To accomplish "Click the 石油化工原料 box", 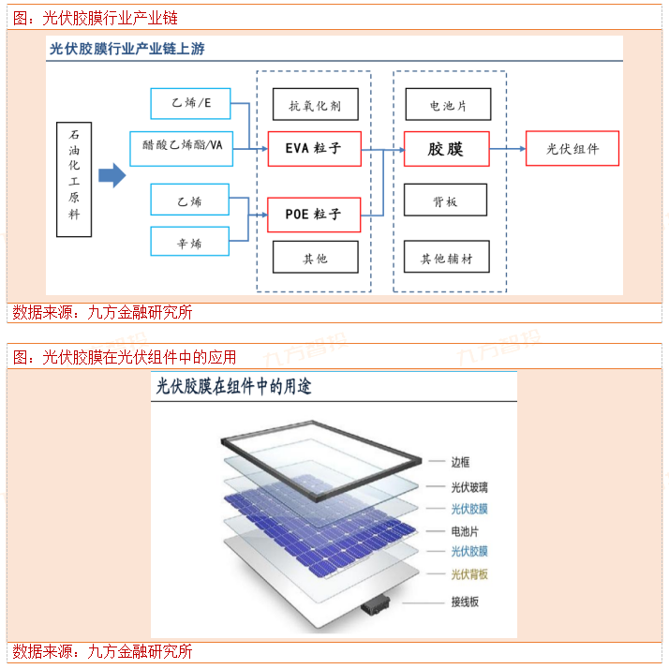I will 74,178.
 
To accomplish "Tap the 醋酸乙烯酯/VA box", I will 183,146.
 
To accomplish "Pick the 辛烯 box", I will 190,243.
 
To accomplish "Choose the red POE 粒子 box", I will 314,215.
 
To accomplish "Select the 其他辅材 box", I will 446,258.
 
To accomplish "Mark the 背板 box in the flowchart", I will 446,201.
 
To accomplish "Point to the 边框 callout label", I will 459,462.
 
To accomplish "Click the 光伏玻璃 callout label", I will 469,487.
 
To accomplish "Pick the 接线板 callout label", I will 465,602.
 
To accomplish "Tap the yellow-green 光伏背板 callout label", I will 469,573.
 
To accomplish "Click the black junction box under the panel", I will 379,604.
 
